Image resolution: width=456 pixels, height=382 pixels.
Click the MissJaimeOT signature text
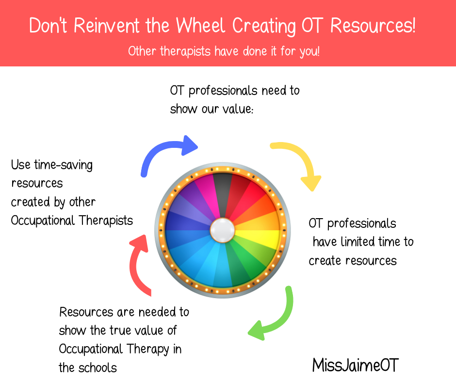(355, 365)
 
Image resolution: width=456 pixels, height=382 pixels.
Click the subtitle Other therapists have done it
(224, 51)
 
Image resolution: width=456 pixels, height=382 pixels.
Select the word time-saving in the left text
(63, 165)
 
